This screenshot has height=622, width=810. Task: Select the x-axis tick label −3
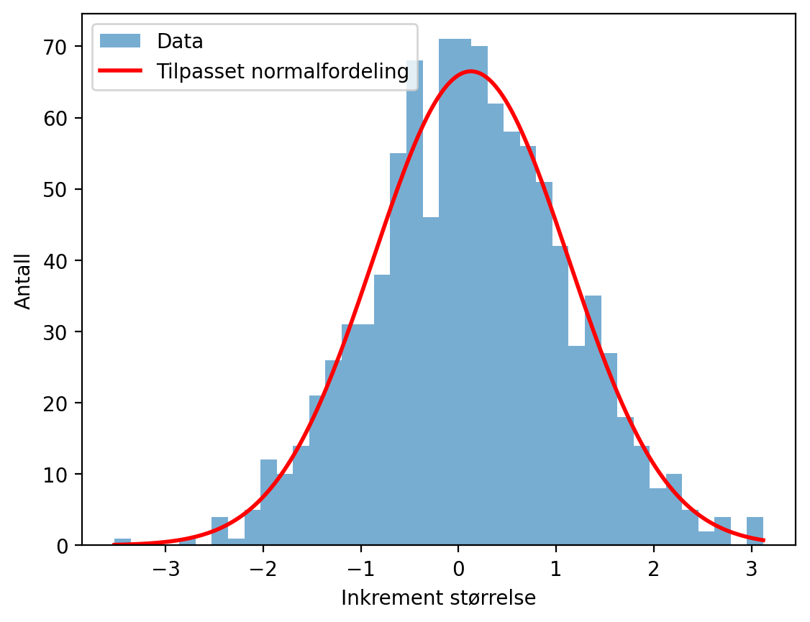click(x=165, y=570)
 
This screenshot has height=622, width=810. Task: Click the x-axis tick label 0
click(x=458, y=570)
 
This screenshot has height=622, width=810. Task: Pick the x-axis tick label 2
click(x=653, y=570)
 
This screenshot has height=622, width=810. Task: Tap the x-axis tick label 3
click(x=751, y=570)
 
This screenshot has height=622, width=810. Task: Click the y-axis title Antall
click(x=23, y=282)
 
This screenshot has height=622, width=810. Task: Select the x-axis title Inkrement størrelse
click(x=438, y=598)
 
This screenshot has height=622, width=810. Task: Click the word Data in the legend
click(x=180, y=41)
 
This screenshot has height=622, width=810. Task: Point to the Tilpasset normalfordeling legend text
click(x=283, y=71)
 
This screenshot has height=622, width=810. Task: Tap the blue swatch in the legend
click(x=120, y=41)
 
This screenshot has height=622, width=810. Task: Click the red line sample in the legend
click(x=120, y=70)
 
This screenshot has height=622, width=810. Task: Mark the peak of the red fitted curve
click(x=470, y=71)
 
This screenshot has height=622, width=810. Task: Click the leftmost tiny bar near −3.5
click(x=122, y=541)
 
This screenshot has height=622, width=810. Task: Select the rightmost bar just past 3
click(x=755, y=531)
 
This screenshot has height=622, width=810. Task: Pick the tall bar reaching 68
click(x=415, y=303)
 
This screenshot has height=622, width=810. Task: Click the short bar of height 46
click(x=431, y=381)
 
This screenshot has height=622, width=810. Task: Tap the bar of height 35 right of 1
click(x=593, y=420)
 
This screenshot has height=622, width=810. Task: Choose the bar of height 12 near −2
click(x=268, y=502)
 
